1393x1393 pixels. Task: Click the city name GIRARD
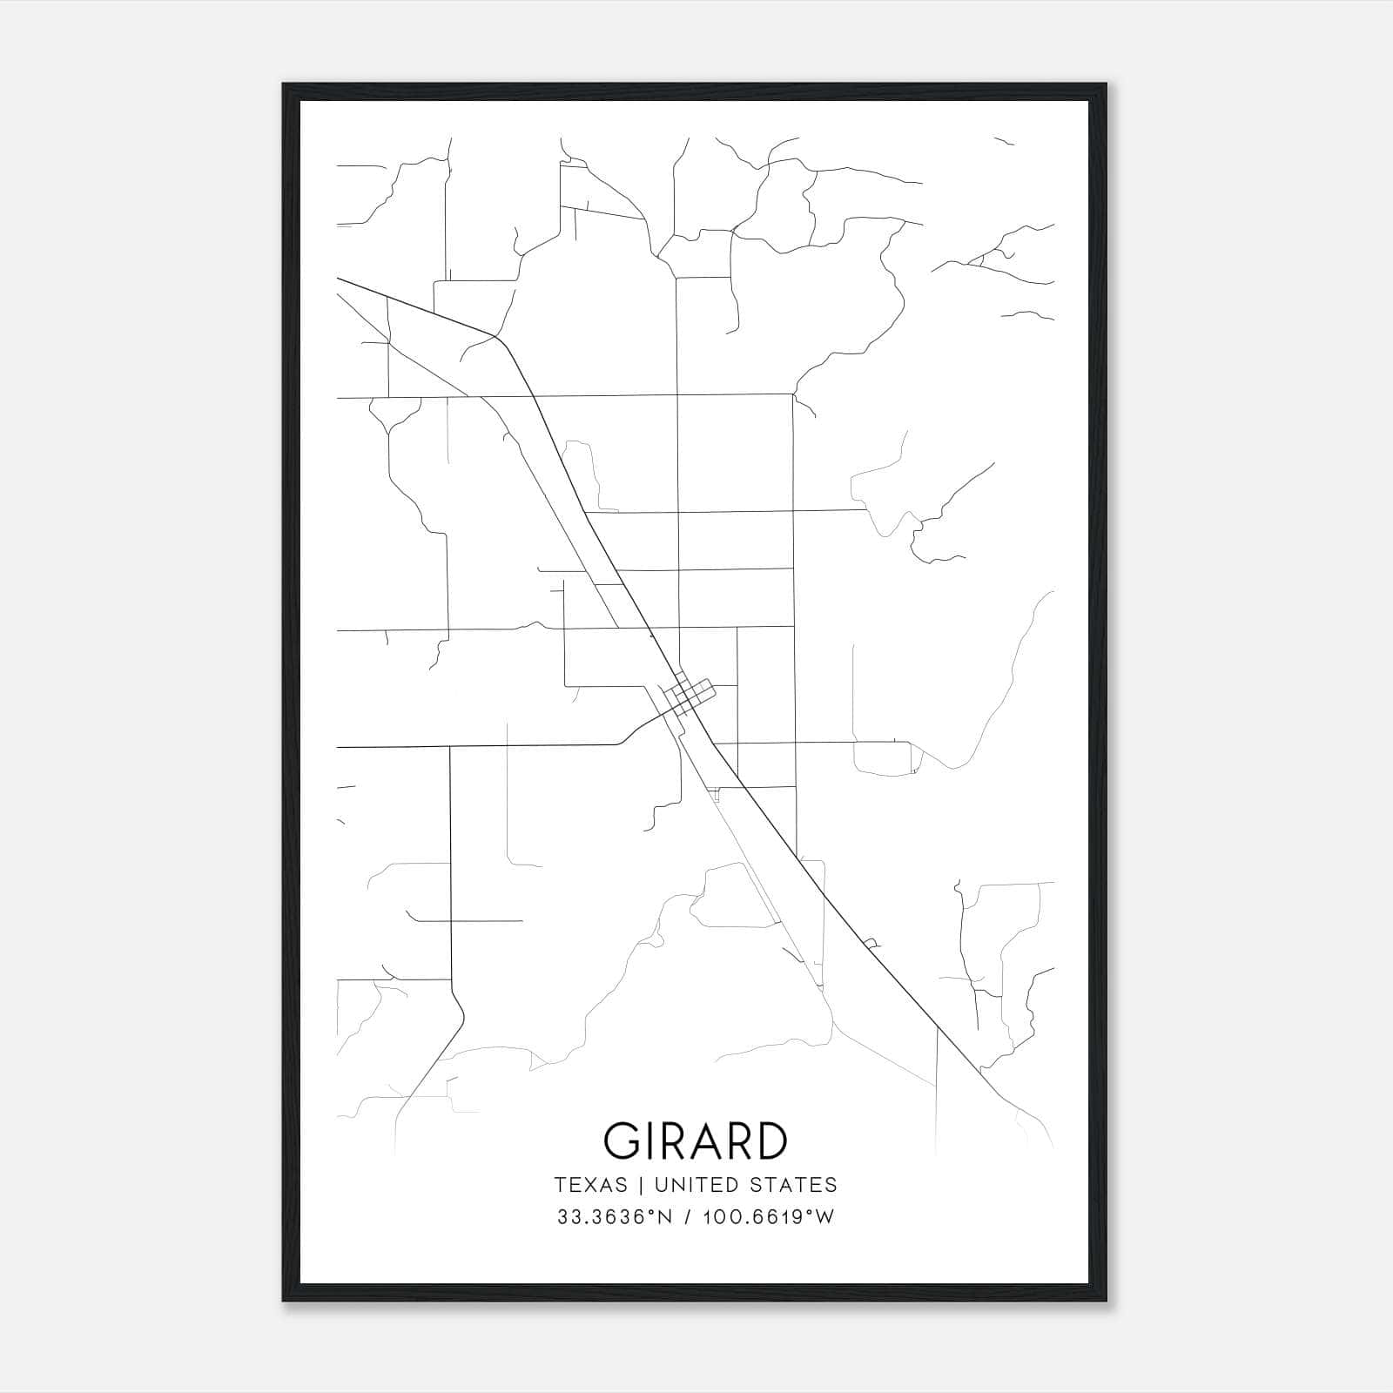[x=696, y=1141]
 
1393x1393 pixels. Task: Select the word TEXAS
[x=590, y=1185]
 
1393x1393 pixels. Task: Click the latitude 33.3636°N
[x=615, y=1217]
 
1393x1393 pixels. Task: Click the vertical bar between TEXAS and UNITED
[x=641, y=1185]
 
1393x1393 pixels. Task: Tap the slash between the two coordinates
[x=688, y=1217]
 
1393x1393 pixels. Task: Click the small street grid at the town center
[x=687, y=696]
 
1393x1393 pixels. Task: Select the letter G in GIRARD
[x=623, y=1141]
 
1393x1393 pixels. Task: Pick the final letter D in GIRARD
[x=770, y=1141]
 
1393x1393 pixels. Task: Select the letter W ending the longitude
[x=825, y=1217]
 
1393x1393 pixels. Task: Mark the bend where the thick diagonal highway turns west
[x=498, y=337]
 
